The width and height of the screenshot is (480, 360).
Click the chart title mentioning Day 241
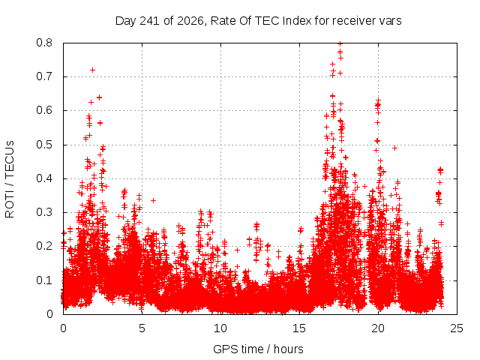pos(258,21)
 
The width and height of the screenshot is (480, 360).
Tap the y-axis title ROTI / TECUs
pos(10,179)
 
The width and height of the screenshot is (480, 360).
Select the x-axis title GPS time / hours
pos(258,349)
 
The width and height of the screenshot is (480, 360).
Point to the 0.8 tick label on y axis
pos(44,43)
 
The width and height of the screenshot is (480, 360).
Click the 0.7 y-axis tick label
pos(44,76)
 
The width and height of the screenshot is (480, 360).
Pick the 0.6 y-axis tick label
pos(44,110)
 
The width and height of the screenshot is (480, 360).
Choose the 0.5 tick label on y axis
pos(44,145)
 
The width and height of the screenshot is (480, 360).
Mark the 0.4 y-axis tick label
pos(44,178)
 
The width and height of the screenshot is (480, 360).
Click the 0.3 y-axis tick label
pos(44,212)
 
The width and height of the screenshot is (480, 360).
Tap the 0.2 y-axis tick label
pos(44,246)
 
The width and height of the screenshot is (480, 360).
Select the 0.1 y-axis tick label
pos(44,280)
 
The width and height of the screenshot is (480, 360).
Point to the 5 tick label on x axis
pos(142,328)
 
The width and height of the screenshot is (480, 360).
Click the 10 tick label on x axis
pos(220,328)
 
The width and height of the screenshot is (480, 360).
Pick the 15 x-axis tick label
pos(299,328)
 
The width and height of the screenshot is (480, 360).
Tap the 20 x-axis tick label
pos(378,328)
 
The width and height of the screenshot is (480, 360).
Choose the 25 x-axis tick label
pos(457,328)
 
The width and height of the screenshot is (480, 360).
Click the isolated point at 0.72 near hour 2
pos(92,70)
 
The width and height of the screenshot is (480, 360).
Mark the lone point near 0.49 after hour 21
pos(395,148)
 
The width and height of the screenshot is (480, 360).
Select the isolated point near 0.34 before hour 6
pos(153,200)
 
